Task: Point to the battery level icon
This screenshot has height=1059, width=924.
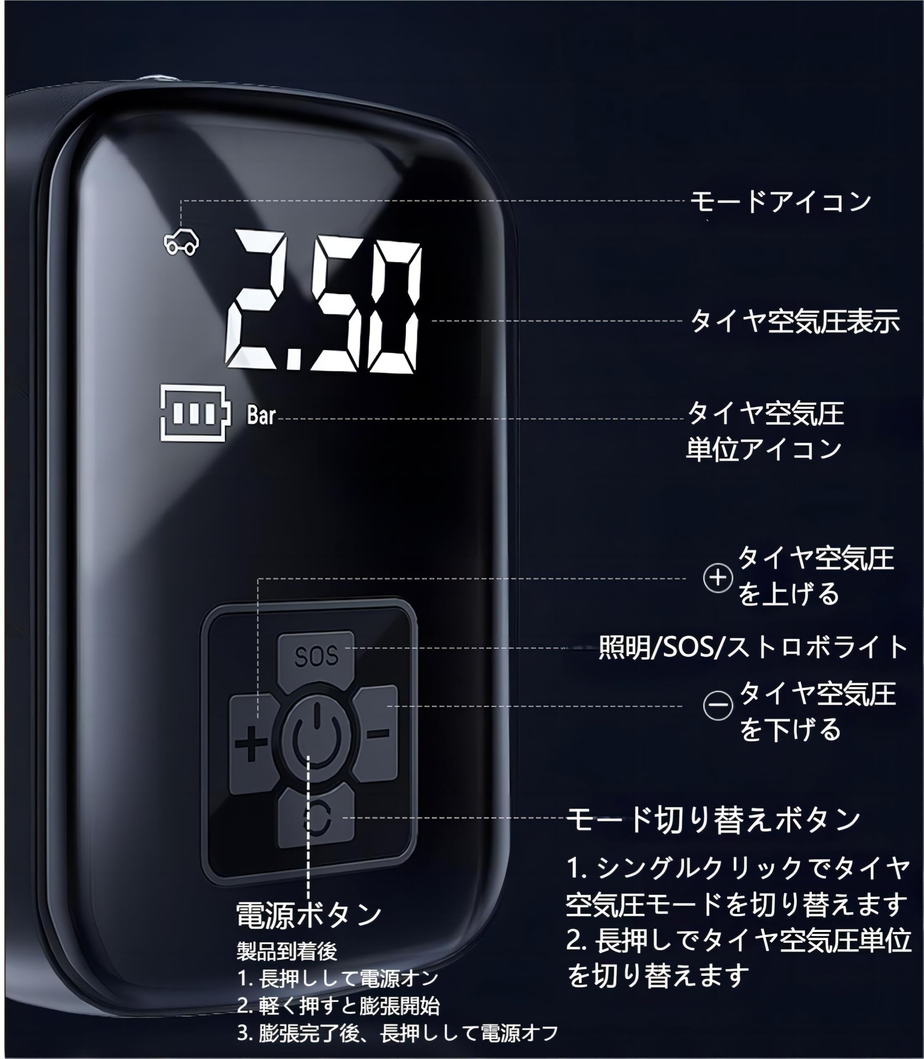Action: pos(193,413)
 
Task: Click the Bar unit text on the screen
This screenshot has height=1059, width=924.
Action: pos(261,415)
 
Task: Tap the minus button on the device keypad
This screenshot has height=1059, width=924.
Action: pos(378,733)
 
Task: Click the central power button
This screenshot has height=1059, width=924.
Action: pos(316,735)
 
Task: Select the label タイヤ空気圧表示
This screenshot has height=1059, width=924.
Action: pos(795,321)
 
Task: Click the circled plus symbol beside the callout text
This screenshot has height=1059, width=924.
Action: pos(718,578)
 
